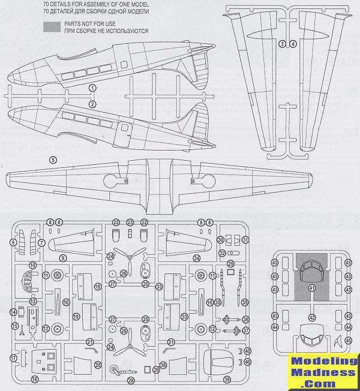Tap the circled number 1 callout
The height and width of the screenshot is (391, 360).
coord(92,89)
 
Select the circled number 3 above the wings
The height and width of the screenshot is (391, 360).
coord(283,43)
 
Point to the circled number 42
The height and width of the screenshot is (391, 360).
coord(311,317)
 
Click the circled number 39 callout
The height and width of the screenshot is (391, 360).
coord(227,379)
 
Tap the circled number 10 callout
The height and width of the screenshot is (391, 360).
coord(33,264)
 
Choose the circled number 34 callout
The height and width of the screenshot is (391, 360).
coord(196,258)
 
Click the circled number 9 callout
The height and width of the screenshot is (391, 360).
coord(62,258)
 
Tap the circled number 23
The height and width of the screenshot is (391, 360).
coord(130,222)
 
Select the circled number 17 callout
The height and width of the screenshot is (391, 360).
coord(13,358)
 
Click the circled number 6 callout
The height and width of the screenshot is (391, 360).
coord(13,243)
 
